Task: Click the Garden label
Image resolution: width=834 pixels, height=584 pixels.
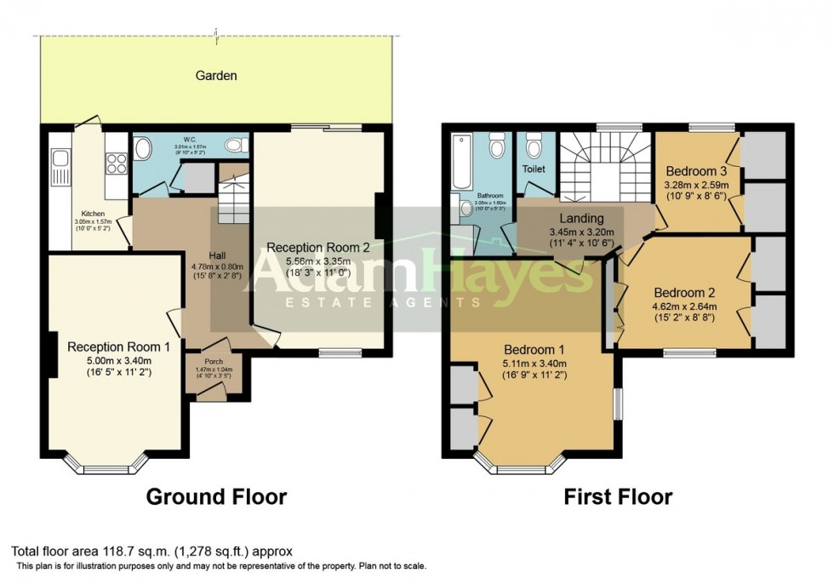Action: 216,76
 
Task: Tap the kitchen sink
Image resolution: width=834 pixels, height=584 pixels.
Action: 60,158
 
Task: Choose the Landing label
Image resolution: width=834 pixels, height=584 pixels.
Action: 582,219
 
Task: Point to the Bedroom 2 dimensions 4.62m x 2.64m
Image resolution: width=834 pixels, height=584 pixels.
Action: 684,306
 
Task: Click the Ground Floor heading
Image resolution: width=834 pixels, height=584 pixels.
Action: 217,496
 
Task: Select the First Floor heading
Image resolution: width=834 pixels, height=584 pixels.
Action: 618,496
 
